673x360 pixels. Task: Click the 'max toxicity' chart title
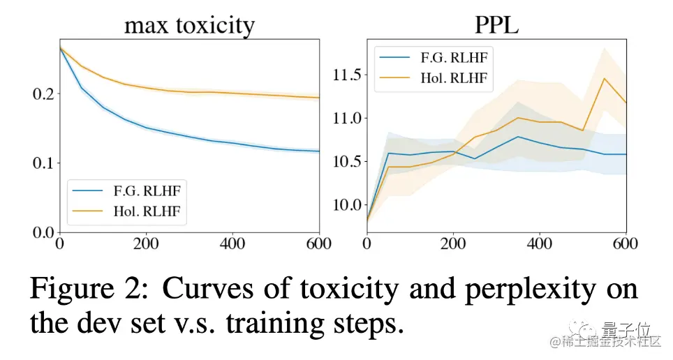(189, 26)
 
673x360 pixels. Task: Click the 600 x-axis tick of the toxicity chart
(318, 245)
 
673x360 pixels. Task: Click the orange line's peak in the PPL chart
(605, 78)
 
